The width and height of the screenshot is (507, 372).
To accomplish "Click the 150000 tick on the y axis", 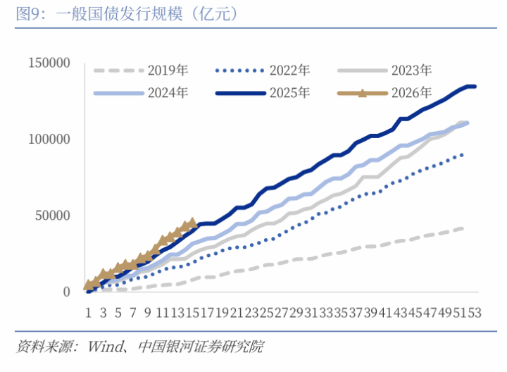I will point(49,63).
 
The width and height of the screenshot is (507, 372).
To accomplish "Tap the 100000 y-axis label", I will point(49,139).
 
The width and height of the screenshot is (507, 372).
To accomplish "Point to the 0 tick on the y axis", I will point(66,292).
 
